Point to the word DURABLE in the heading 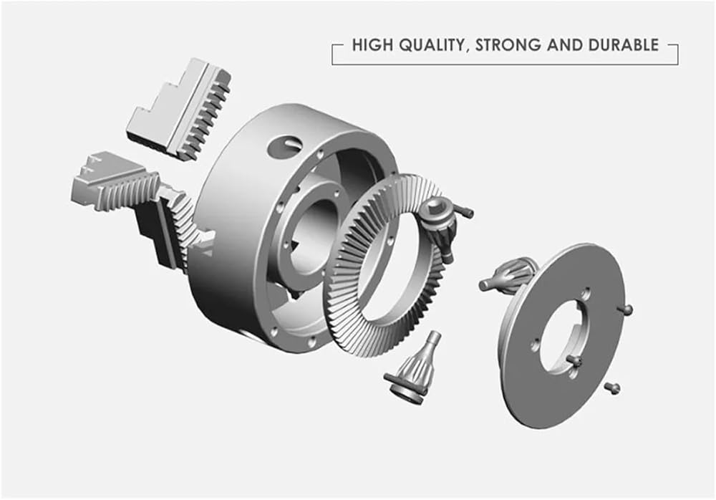pos(624,45)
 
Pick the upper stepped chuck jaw pos(179,110)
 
